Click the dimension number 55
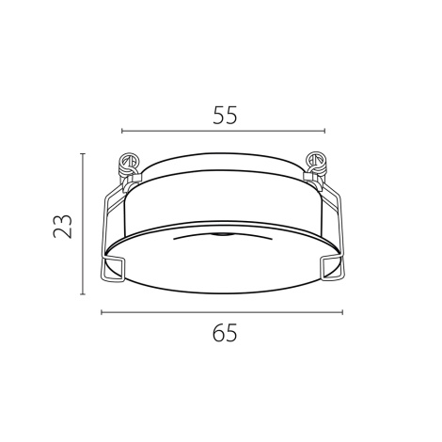[x=225, y=115]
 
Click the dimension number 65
[x=225, y=333]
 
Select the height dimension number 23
[x=63, y=226]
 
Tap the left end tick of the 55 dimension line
[x=122, y=131]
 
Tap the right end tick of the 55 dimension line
[x=324, y=131]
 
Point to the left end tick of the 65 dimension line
[x=102, y=312]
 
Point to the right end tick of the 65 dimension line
[x=342, y=312]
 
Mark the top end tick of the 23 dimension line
[x=83, y=153]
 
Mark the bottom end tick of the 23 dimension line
[x=83, y=294]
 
